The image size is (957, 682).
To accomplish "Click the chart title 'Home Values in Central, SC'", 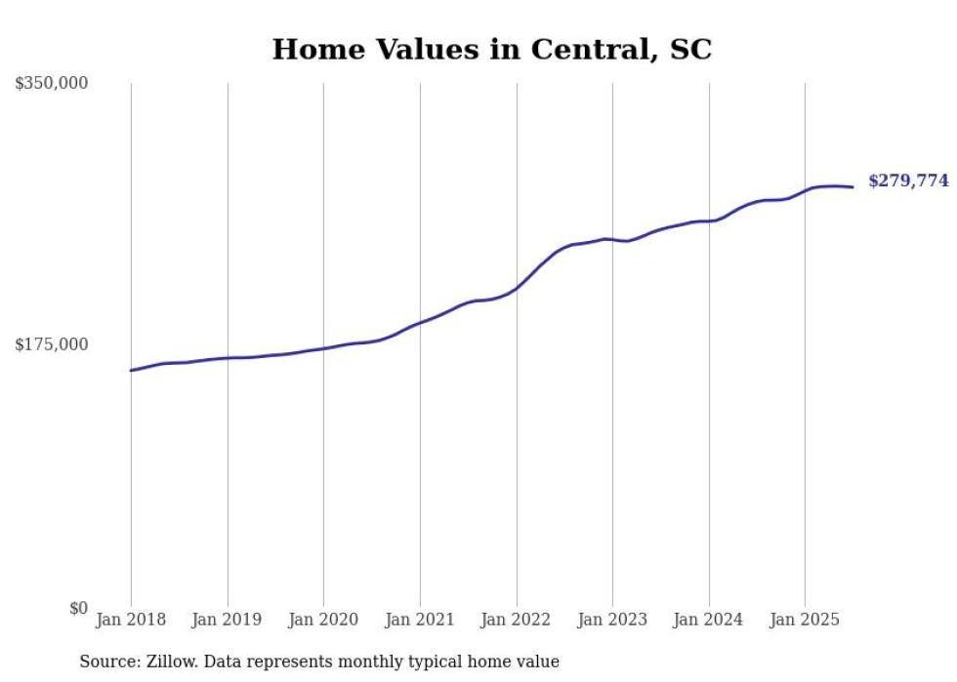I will click(x=491, y=50).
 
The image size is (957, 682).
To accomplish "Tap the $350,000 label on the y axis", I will click(x=52, y=84).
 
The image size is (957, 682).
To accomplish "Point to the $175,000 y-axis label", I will click(x=52, y=344).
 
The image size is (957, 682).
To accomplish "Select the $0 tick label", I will click(x=78, y=608).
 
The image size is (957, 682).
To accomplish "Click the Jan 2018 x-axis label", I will click(x=131, y=620).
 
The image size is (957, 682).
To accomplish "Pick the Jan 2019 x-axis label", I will click(x=228, y=620).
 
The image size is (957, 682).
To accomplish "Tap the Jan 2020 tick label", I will click(x=323, y=620).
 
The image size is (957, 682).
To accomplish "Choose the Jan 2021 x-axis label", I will click(x=420, y=620).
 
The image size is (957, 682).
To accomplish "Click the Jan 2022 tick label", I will click(x=517, y=620).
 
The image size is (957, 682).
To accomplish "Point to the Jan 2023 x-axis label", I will click(x=612, y=620).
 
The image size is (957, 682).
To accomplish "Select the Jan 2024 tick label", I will click(x=709, y=620).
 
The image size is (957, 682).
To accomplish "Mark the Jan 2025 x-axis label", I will click(x=805, y=620).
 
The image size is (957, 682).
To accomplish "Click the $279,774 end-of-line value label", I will click(x=908, y=181).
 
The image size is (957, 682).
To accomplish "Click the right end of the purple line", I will click(x=853, y=186).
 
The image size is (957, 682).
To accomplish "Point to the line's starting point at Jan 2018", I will click(x=131, y=370).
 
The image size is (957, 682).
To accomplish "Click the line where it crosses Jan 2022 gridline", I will click(x=517, y=287).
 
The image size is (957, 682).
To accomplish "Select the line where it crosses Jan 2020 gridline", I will click(x=323, y=348).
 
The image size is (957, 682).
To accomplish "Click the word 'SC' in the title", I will click(x=690, y=50).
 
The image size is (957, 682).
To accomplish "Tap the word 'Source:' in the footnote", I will click(x=108, y=662).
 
